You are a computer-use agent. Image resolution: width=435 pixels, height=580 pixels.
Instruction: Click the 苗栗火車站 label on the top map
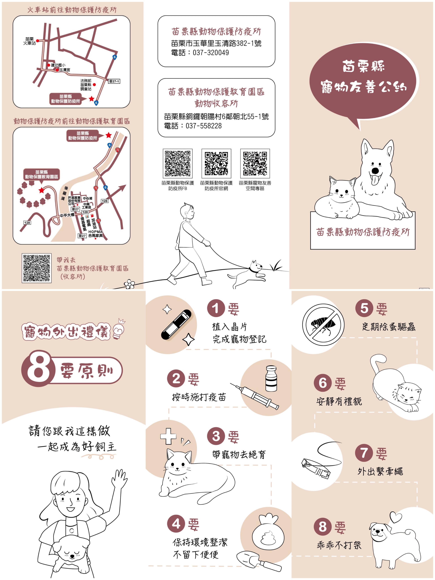(29, 41)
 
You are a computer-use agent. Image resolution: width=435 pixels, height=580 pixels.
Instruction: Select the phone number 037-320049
(211, 53)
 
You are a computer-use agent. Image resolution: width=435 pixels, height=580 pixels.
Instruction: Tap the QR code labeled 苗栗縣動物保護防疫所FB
(178, 163)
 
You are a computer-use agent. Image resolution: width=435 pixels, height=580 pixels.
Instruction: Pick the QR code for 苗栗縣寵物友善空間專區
(255, 163)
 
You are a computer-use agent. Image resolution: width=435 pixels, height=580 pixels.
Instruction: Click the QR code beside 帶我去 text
(36, 268)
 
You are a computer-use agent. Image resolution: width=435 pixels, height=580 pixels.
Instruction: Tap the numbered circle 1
(216, 308)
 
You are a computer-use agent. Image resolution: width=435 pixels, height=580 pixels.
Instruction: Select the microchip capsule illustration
(176, 325)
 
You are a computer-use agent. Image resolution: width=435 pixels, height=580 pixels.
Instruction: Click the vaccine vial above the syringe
(271, 379)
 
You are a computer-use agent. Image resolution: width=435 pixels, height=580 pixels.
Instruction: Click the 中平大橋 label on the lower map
(67, 215)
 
